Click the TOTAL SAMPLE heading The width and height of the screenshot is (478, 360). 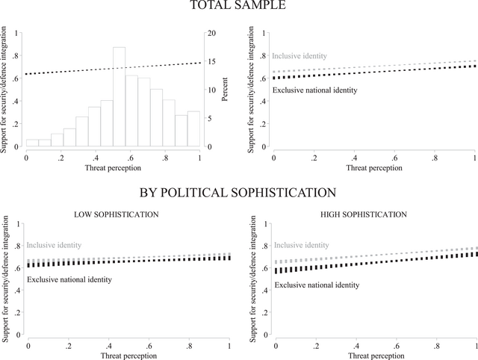[x=239, y=7]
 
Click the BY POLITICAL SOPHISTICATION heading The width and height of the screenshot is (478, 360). [x=239, y=193]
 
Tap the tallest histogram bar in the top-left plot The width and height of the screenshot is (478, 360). [x=119, y=97]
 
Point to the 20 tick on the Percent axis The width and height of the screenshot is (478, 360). [x=211, y=34]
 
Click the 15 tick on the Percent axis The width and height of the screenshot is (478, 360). [x=211, y=62]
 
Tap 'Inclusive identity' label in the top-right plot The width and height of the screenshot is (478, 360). [x=298, y=56]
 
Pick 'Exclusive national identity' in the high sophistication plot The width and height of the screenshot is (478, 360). [x=317, y=285]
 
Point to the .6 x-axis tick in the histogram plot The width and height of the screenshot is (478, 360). [x=131, y=158]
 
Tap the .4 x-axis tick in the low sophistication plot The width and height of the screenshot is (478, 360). [x=109, y=347]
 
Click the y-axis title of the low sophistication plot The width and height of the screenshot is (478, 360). [x=6, y=278]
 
